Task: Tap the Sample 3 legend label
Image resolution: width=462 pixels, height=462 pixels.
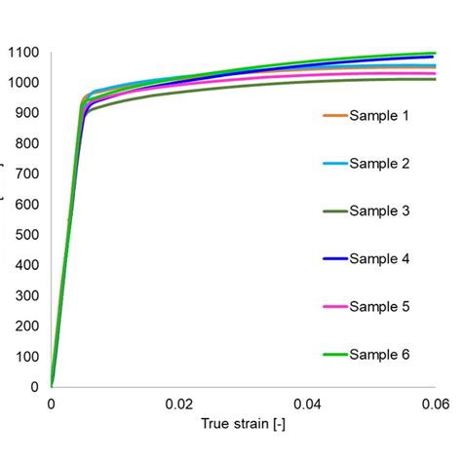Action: coord(379,212)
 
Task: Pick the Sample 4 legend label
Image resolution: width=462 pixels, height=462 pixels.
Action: coord(379,259)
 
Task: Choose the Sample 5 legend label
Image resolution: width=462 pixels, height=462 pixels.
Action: coord(379,307)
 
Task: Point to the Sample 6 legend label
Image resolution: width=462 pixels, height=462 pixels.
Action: coord(379,355)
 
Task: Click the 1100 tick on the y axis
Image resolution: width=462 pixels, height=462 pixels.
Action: coord(21,52)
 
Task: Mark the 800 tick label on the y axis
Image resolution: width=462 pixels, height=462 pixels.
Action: coord(25,143)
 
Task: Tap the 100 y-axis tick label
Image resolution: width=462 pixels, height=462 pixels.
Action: coord(25,356)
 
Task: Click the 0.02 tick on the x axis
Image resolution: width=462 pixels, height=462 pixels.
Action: coord(178,404)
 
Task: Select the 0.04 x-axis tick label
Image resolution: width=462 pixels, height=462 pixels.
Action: coord(307,404)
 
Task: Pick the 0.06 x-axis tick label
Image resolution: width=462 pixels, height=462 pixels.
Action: coord(435,404)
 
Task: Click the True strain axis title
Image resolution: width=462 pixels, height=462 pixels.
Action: coord(243,425)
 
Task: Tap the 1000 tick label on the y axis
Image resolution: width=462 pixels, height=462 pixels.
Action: coord(21,83)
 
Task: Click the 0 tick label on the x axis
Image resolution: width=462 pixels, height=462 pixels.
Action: coord(51,404)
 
